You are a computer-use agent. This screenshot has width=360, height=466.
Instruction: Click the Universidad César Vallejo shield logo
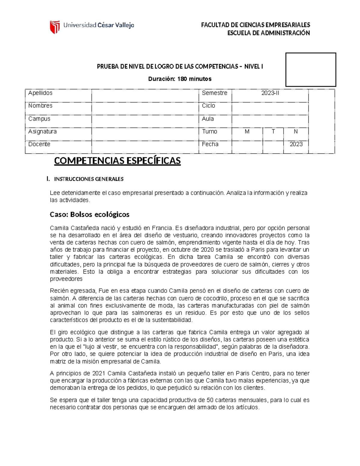pyautogui.click(x=55, y=27)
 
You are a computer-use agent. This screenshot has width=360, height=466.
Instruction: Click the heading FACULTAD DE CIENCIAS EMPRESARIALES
pyautogui.click(x=255, y=25)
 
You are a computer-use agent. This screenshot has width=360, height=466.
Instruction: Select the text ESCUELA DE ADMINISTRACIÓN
pyautogui.click(x=268, y=33)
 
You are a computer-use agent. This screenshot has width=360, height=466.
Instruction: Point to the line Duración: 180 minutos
pyautogui.click(x=180, y=79)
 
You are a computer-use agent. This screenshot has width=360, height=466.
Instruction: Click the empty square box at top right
pyautogui.click(x=310, y=70)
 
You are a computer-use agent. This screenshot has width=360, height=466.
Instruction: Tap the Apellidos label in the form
pyautogui.click(x=40, y=93)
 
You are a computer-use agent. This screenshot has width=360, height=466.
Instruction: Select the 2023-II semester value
pyautogui.click(x=270, y=93)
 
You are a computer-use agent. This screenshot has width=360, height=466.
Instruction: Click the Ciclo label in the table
pyautogui.click(x=208, y=106)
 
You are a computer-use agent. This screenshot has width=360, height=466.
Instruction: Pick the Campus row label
pyautogui.click(x=39, y=119)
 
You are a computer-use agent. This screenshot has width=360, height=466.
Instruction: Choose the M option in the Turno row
pyautogui.click(x=247, y=131)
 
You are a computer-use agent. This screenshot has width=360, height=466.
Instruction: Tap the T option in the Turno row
pyautogui.click(x=273, y=131)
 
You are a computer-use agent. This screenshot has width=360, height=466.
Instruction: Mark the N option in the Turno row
pyautogui.click(x=296, y=131)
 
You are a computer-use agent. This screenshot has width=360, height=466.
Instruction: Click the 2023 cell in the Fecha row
pyautogui.click(x=296, y=144)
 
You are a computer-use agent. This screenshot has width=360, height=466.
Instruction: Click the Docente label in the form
pyautogui.click(x=39, y=144)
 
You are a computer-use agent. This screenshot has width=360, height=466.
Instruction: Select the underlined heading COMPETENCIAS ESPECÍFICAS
pyautogui.click(x=117, y=161)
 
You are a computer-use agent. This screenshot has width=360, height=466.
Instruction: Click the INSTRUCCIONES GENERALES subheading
pyautogui.click(x=88, y=179)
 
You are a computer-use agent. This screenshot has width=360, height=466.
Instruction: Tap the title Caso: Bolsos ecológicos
pyautogui.click(x=89, y=215)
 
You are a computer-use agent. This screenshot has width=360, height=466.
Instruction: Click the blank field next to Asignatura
pyautogui.click(x=145, y=132)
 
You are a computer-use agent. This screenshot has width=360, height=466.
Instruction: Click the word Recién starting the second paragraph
pyautogui.click(x=59, y=291)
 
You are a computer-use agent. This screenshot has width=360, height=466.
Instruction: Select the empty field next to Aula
pyautogui.click(x=270, y=119)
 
